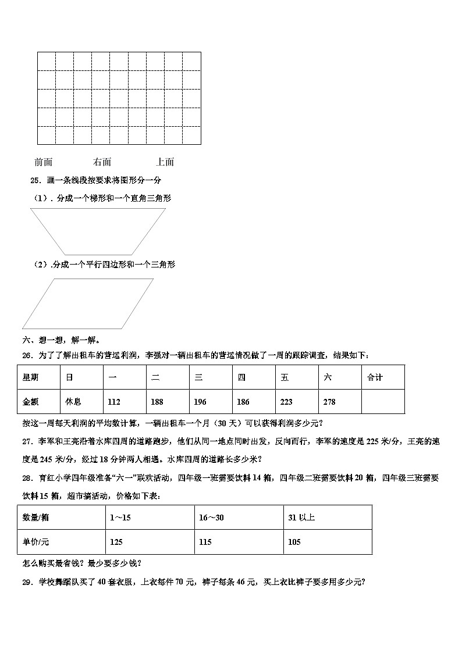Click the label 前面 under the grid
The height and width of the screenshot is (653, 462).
44,162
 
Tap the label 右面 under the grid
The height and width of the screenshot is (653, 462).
102,162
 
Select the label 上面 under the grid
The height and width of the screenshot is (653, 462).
165,162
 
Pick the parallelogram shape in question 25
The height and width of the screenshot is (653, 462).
87,304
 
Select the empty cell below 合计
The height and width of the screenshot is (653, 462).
382,402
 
